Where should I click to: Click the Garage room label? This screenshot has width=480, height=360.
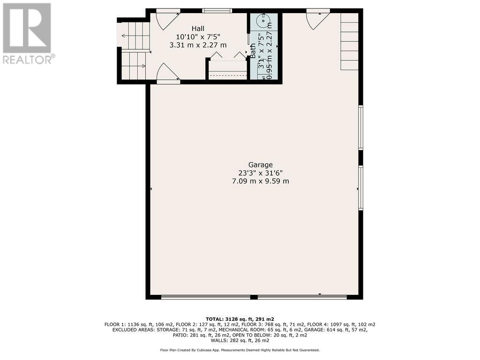[260, 165]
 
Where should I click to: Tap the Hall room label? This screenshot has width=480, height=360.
[198, 29]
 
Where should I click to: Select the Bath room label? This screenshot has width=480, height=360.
[253, 51]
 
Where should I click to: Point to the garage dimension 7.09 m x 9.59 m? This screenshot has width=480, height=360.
[261, 181]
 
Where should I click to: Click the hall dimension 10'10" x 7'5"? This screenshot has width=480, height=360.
[198, 37]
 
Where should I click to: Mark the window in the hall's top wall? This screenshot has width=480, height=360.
[217, 11]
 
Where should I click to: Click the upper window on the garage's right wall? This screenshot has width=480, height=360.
[361, 127]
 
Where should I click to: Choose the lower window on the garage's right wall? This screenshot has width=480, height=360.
[361, 187]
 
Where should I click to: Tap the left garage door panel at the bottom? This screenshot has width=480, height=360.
[206, 297]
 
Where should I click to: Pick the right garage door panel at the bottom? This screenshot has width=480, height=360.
[302, 297]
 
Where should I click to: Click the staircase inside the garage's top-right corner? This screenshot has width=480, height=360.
[349, 41]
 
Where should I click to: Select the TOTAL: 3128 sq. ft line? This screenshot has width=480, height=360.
[240, 319]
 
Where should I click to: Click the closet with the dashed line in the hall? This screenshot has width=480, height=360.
[228, 70]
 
